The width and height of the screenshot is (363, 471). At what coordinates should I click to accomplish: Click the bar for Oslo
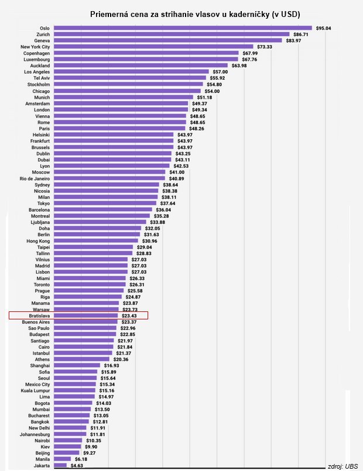[183, 28]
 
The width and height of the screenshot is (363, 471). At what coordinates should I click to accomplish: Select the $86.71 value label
[301, 35]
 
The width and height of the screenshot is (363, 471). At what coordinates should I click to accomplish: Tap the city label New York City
[35, 47]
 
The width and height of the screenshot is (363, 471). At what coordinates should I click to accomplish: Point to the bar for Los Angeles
[131, 72]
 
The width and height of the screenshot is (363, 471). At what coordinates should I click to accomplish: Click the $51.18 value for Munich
[204, 97]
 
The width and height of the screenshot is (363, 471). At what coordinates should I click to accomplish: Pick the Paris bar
[119, 129]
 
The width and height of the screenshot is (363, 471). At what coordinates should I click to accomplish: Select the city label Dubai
[43, 160]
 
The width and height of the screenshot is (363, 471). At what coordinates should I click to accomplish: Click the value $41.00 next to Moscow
[177, 172]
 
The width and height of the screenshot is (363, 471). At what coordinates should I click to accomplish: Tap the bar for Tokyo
[105, 204]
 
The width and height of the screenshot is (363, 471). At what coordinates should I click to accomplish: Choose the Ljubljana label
[40, 222]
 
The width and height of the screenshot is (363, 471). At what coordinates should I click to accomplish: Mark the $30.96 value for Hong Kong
[150, 241]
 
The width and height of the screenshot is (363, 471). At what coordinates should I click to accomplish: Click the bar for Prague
[89, 291]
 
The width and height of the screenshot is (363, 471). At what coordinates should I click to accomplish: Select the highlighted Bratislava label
[39, 316]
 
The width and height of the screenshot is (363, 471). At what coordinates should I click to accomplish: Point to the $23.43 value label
[129, 316]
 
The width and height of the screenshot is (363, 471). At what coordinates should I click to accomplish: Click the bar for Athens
[82, 359]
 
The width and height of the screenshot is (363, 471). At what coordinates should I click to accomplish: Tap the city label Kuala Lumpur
[35, 390]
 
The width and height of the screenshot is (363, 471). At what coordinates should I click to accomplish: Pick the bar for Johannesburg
[70, 434]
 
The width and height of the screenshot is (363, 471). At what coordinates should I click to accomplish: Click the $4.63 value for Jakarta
[77, 466]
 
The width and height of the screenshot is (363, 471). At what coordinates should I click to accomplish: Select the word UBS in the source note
[351, 466]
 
